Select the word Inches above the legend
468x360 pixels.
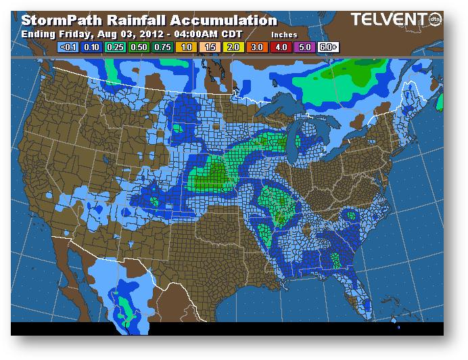pyautogui.click(x=284, y=34)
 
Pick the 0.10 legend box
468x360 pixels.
pyautogui.click(x=93, y=47)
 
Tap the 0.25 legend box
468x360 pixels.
pyautogui.click(x=115, y=47)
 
